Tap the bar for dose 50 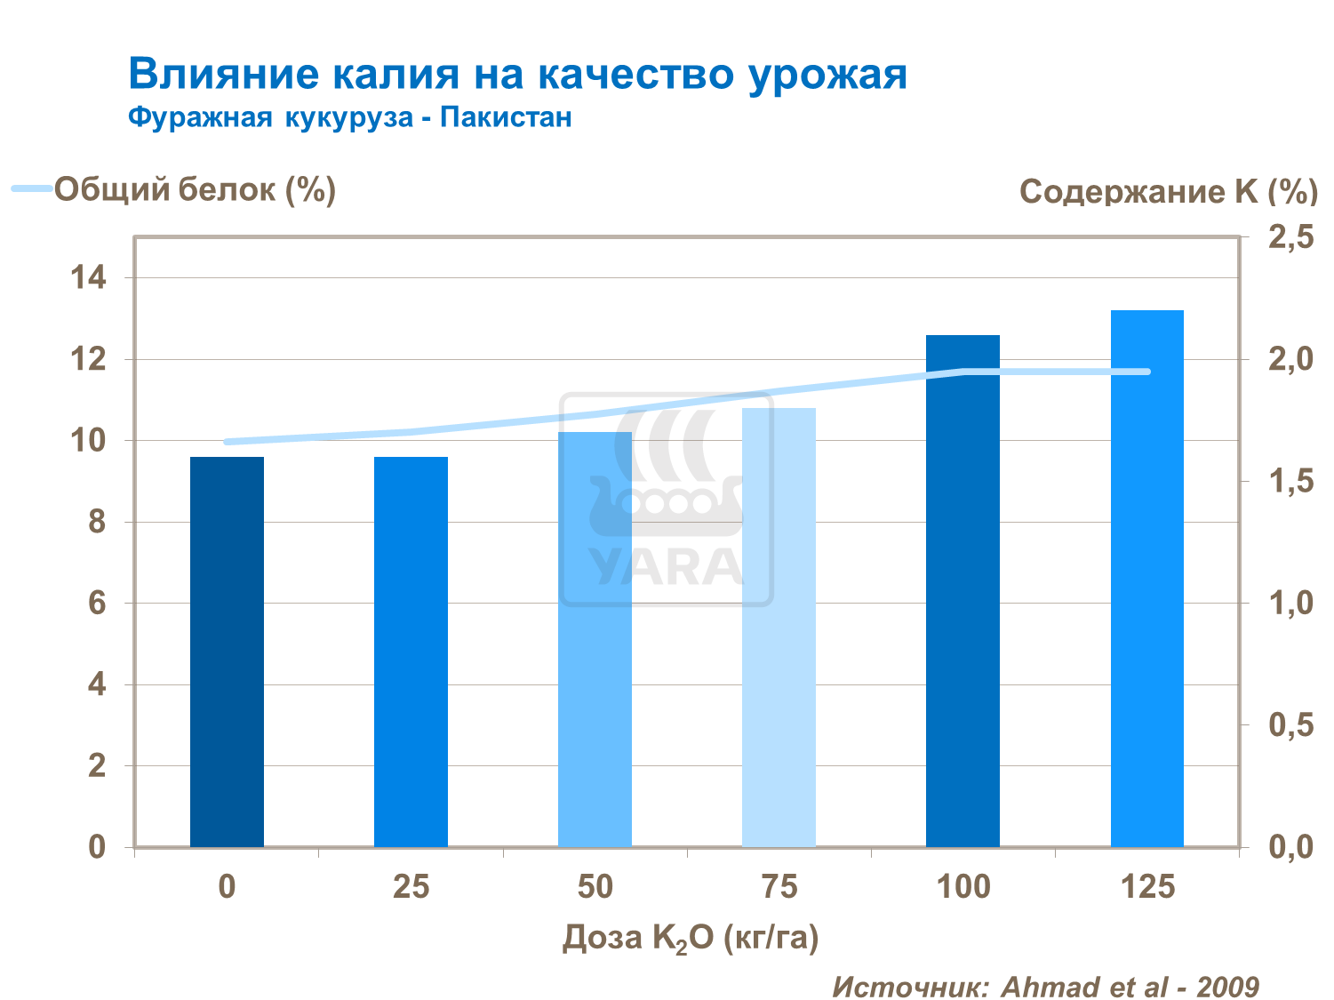click(595, 639)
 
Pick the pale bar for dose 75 click(779, 627)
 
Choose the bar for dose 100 click(963, 590)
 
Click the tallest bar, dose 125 click(1146, 578)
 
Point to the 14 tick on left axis click(88, 278)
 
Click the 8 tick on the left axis click(96, 522)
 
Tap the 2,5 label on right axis click(1290, 237)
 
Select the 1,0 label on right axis click(1290, 604)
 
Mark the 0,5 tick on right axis click(1290, 725)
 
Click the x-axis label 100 click(963, 886)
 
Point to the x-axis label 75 click(779, 886)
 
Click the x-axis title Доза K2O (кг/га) click(690, 939)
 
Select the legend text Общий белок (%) click(195, 188)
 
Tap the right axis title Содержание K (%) click(1168, 191)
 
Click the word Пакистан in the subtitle click(506, 117)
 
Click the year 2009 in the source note click(1227, 986)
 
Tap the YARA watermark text click(666, 566)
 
